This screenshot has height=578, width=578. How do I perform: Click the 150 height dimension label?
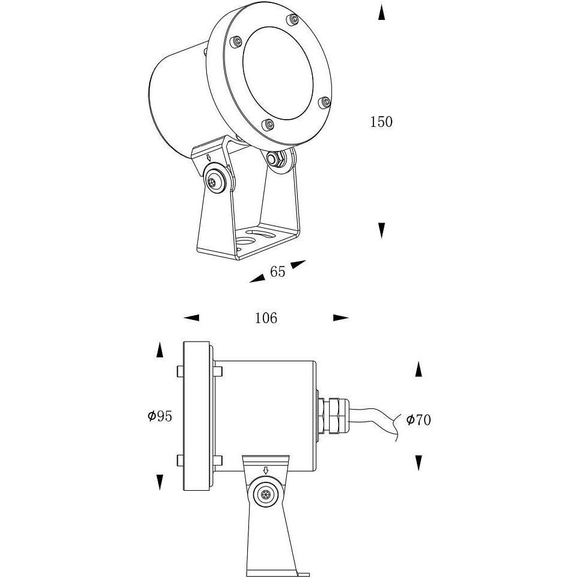pos(381,122)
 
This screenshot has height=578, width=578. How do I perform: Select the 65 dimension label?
pos(278,272)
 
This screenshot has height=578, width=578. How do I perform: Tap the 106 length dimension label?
pos(266,318)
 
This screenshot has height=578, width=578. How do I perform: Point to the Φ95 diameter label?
pos(160,416)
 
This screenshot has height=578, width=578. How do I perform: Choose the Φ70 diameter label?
pos(419,419)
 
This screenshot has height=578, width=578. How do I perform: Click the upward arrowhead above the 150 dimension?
pos(382,12)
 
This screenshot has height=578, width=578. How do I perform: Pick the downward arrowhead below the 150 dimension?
pos(382,230)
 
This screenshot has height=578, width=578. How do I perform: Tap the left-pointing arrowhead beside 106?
pos(191,318)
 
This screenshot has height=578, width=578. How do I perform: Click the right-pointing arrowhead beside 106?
pos(341,318)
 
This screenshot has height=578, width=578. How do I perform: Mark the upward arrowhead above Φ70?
pos(419,369)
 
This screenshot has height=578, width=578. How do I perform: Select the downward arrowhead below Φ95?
pos(159,482)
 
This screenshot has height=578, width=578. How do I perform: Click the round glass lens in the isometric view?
pos(278,73)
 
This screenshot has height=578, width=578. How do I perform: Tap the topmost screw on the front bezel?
pos(293,19)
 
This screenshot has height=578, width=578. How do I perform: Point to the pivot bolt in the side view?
pos(265,494)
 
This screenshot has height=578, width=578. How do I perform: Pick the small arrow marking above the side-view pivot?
pos(265,470)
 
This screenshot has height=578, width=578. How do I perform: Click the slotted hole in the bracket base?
pos(260,234)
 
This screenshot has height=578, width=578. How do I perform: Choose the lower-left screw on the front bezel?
pos(268,125)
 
